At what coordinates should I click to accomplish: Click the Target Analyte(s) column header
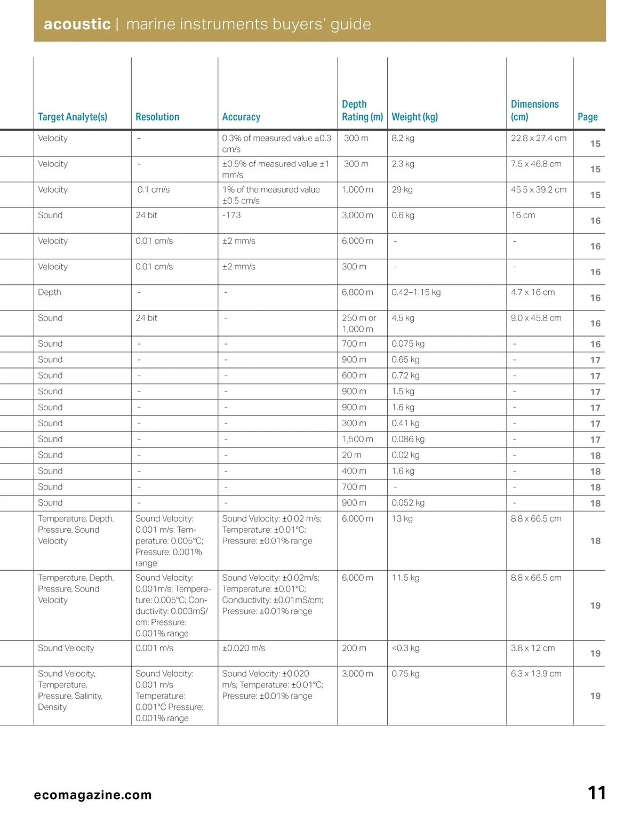[x=73, y=117]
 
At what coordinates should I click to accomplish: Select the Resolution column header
[x=157, y=117]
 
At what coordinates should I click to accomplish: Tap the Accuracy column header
[x=241, y=117]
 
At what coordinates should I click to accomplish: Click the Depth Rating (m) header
[x=362, y=110]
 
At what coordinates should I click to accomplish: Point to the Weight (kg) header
[x=414, y=117]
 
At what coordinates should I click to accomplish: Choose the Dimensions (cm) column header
[x=534, y=110]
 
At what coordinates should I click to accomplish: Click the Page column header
[x=587, y=117]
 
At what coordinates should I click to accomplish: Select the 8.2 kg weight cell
[x=403, y=138]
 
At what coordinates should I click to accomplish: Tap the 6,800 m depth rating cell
[x=357, y=292]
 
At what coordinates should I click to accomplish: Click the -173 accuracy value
[x=231, y=215]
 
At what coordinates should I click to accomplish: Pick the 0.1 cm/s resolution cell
[x=154, y=190]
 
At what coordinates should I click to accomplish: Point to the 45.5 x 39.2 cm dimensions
[x=539, y=190]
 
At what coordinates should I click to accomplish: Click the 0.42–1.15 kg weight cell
[x=416, y=292]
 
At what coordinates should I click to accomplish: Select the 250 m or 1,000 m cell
[x=358, y=323]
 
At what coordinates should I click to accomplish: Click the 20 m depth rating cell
[x=351, y=455]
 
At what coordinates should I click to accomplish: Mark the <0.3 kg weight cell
[x=405, y=648]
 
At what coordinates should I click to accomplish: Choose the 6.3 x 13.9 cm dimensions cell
[x=536, y=674]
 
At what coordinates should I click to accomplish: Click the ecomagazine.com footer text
[x=93, y=795]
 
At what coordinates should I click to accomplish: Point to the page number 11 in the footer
[x=597, y=793]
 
